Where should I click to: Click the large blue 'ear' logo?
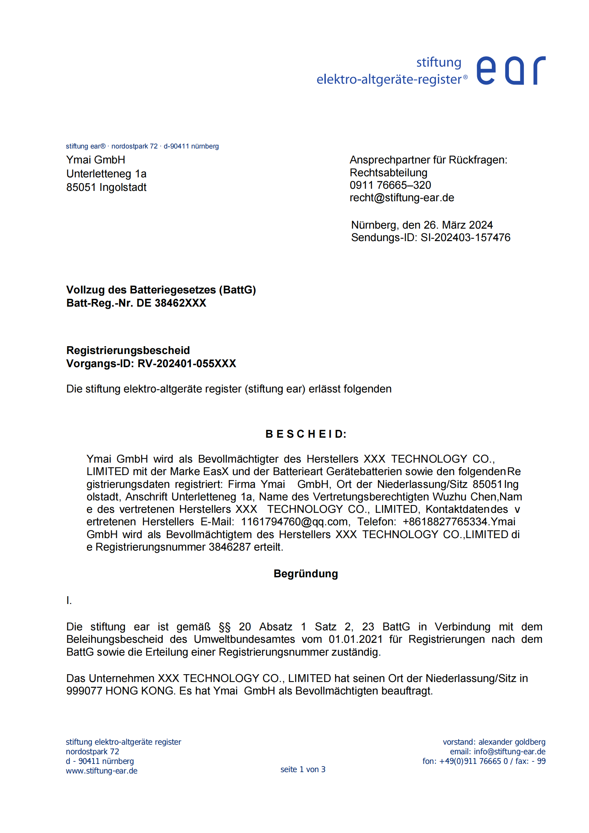(510, 71)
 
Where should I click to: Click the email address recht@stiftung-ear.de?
(401, 198)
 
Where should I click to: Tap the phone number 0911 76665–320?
(390, 185)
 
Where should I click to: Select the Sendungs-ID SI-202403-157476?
(465, 238)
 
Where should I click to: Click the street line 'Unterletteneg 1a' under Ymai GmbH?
(106, 174)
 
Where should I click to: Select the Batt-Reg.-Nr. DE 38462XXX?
(171, 303)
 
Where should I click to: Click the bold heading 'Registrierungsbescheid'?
(128, 350)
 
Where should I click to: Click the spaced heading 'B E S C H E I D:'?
(306, 434)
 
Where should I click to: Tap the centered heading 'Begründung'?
(306, 574)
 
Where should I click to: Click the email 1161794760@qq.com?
(295, 522)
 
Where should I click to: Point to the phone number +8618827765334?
(445, 522)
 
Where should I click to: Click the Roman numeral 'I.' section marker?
(69, 600)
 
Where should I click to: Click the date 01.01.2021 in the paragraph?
(355, 639)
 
